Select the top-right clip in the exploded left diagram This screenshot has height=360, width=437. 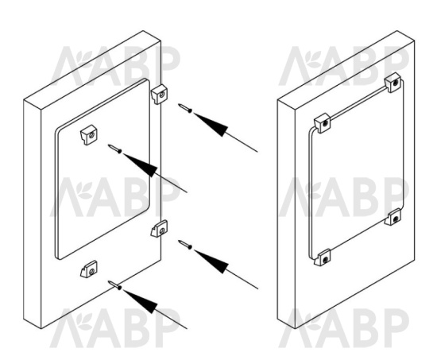click(160, 95)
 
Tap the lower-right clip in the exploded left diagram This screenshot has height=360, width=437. click(160, 228)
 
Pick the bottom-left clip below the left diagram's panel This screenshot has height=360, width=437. click(89, 269)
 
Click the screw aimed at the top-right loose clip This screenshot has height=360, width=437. click(185, 108)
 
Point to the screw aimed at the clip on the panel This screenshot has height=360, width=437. click(115, 149)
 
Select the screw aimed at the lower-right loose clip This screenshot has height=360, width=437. click(185, 245)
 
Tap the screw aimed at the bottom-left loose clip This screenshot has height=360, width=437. click(115, 285)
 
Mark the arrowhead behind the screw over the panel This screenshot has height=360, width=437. click(143, 164)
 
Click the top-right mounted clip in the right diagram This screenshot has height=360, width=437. click(393, 83)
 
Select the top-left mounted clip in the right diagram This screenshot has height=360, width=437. click(323, 123)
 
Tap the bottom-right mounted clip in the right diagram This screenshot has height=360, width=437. click(393, 217)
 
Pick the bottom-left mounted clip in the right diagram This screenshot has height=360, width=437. click(323, 257)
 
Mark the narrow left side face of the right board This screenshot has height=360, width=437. click(286, 214)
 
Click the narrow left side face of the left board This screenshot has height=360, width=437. click(33, 214)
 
